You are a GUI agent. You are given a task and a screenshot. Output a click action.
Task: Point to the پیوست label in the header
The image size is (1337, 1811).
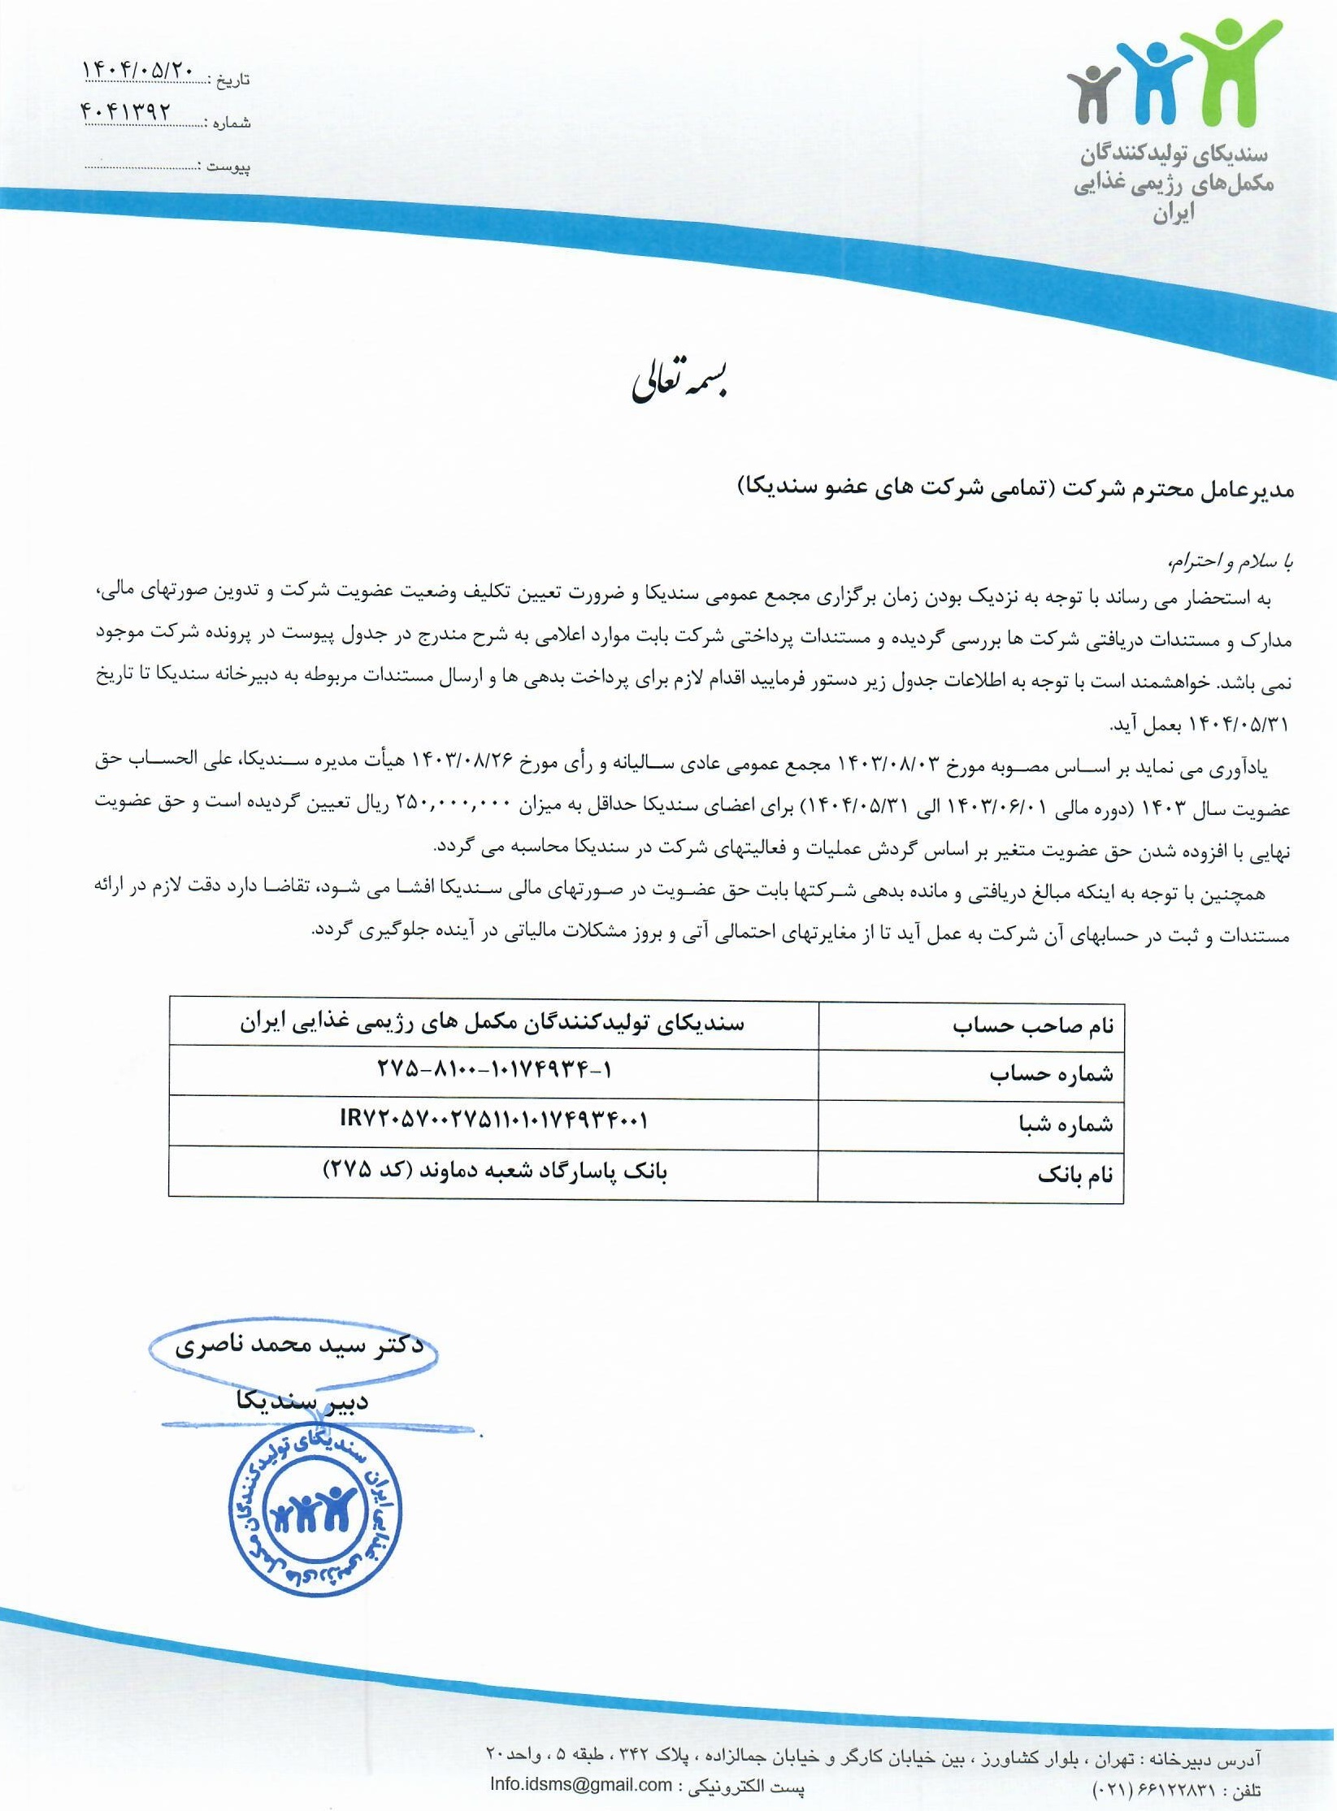pos(228,167)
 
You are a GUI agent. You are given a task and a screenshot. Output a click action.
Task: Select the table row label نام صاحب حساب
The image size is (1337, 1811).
pos(1033,1025)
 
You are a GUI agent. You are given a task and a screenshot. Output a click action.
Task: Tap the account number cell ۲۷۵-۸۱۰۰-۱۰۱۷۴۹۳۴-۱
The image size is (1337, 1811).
pos(494,1071)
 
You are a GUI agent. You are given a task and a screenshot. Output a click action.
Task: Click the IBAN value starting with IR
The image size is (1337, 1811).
pos(493,1121)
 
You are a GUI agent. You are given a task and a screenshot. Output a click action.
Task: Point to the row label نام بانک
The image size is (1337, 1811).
pos(1074,1175)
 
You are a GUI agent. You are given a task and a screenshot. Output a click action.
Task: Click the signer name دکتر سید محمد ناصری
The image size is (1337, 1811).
pos(299,1347)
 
